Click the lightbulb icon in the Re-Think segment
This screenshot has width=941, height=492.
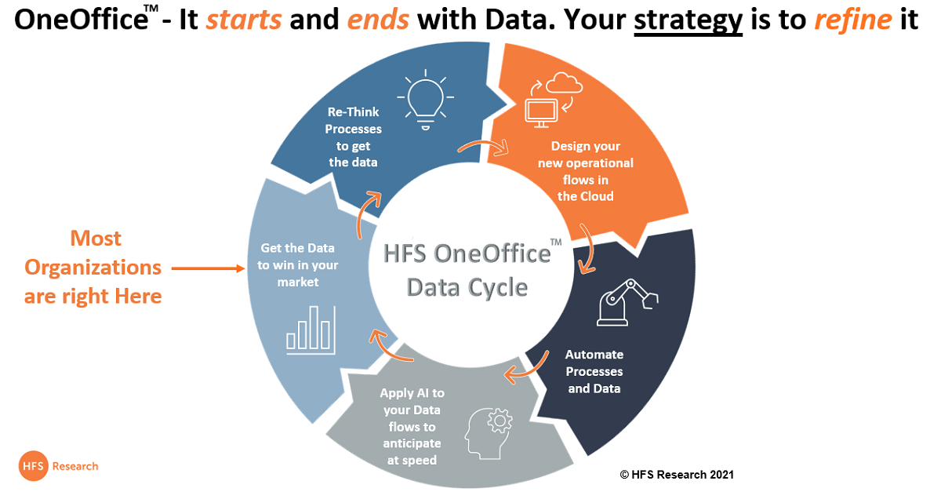tap(426, 100)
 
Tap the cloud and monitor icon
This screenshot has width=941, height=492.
tap(554, 100)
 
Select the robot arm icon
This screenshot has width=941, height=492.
tap(627, 302)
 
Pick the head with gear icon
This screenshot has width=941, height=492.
tap(489, 433)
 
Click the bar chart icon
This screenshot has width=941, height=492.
tap(311, 330)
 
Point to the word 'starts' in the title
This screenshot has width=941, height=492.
tap(244, 20)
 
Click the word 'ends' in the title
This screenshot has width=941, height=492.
tap(378, 20)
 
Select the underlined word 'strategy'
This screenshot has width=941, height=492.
tap(688, 21)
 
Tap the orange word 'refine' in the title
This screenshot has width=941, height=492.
tap(853, 20)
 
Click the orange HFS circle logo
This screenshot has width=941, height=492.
tap(33, 466)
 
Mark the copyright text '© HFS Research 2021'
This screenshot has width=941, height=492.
tap(677, 475)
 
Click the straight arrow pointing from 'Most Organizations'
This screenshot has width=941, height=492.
tap(208, 268)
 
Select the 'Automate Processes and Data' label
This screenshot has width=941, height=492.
tap(594, 371)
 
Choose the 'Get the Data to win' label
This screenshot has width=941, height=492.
tap(298, 265)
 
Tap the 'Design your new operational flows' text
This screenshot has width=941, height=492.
tap(586, 171)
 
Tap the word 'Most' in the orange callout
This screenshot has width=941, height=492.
tap(96, 239)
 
